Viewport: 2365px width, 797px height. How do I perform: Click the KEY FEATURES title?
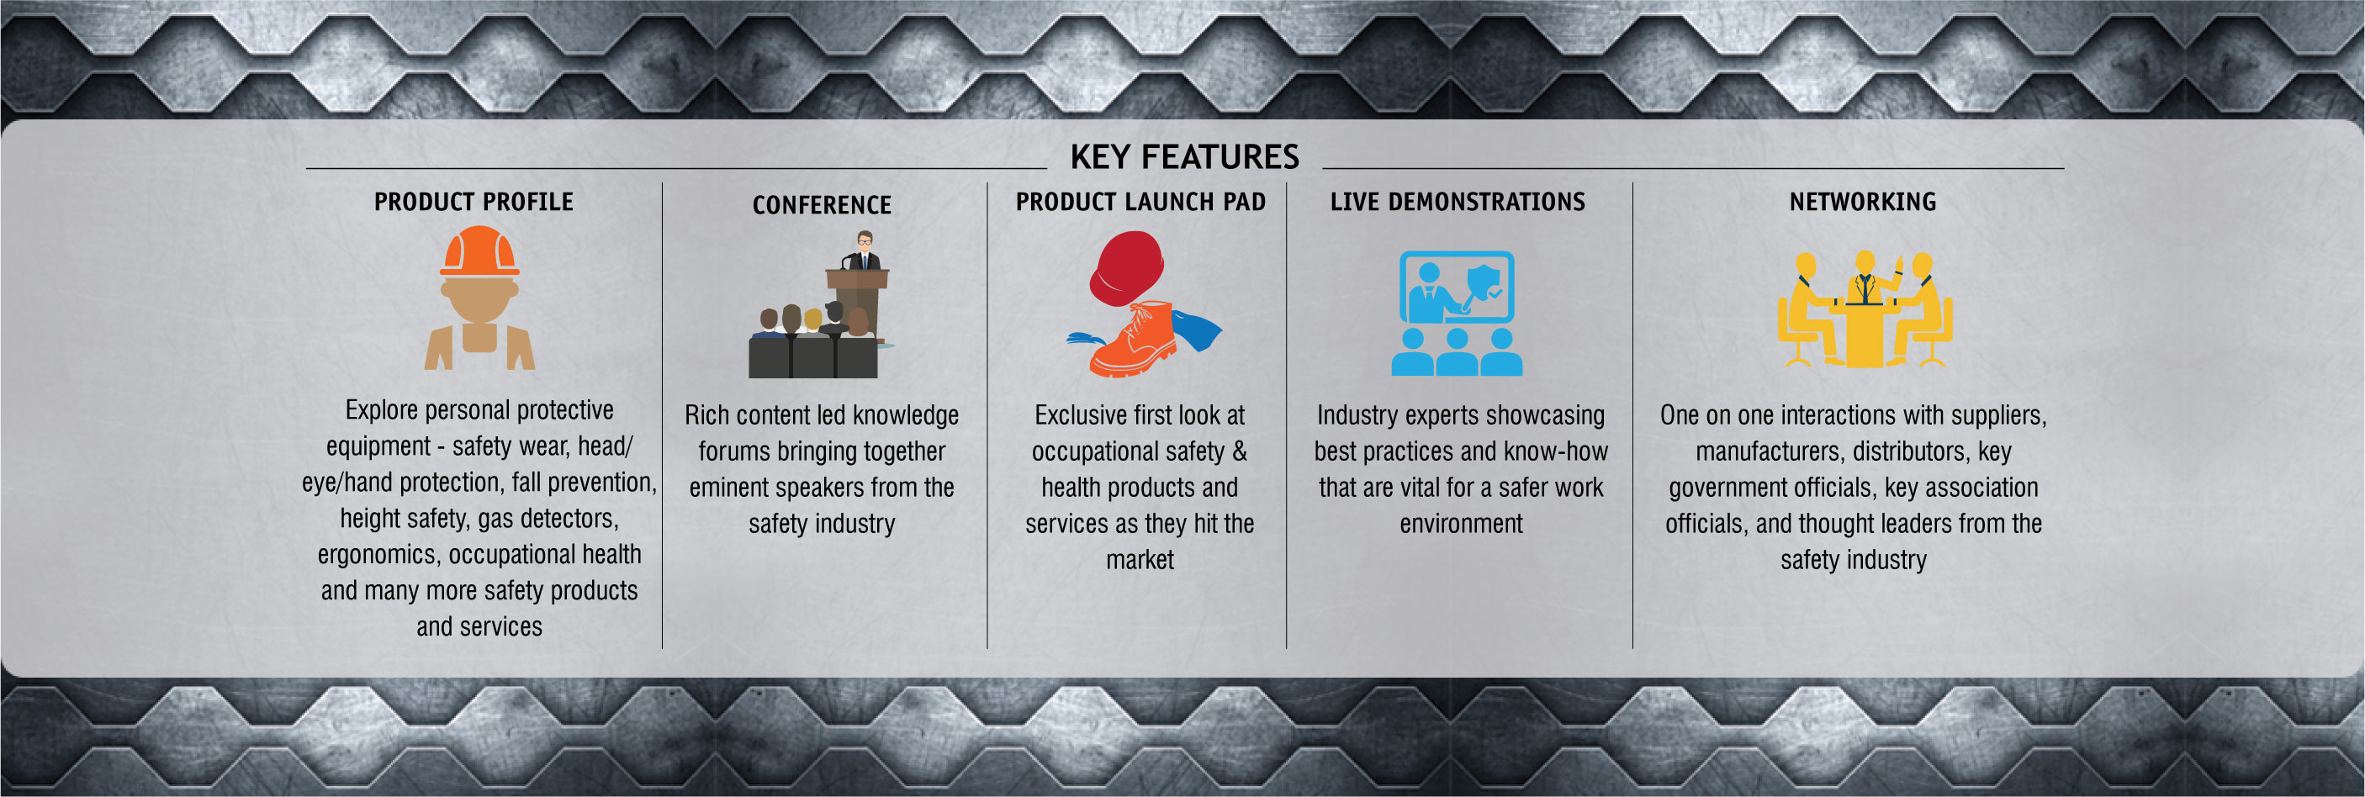[x=1184, y=157]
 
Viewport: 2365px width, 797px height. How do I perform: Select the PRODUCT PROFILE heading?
[x=474, y=202]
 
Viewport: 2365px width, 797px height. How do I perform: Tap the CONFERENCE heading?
[x=822, y=205]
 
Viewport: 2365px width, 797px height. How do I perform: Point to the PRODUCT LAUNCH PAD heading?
[x=1140, y=202]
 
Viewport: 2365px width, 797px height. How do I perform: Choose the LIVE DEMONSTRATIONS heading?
[x=1458, y=202]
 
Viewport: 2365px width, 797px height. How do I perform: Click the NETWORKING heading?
[x=1863, y=202]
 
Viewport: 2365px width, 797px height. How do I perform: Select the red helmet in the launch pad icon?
[x=1126, y=267]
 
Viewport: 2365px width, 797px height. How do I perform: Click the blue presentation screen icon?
[x=1457, y=287]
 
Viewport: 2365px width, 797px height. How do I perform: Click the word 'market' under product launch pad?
[x=1140, y=560]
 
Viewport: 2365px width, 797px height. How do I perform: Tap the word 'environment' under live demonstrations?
[x=1461, y=525]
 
